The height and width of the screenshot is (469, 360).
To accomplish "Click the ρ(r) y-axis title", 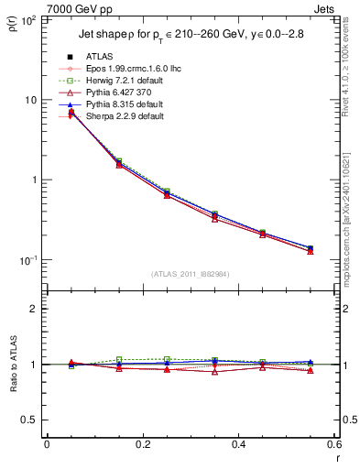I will point(11,28).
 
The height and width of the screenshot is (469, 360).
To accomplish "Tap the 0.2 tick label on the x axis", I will point(142,444).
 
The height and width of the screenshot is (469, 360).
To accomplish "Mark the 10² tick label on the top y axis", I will point(27,19).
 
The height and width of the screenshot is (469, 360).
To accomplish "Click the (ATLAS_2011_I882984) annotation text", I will point(190,272).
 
